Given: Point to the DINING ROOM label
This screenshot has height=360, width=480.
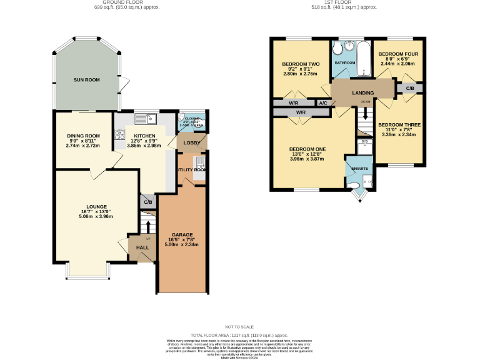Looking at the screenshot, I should pos(83,136).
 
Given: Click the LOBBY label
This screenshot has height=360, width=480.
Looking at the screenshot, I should pos(191,143).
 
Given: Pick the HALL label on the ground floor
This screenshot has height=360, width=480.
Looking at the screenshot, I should pos(142,247).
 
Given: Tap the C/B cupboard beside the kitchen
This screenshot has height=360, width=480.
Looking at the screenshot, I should pos(148,202).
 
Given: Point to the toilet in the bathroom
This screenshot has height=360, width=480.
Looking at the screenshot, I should pos(337,48).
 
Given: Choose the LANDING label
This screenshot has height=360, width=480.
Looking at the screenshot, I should pos(362,93).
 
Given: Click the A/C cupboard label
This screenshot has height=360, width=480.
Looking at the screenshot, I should pos(323,103).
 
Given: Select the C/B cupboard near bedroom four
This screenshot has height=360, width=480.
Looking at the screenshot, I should pos(409,89).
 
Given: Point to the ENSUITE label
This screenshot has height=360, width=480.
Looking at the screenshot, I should pos(359,169).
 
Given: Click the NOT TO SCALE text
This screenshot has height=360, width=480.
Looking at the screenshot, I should pos(240,327).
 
